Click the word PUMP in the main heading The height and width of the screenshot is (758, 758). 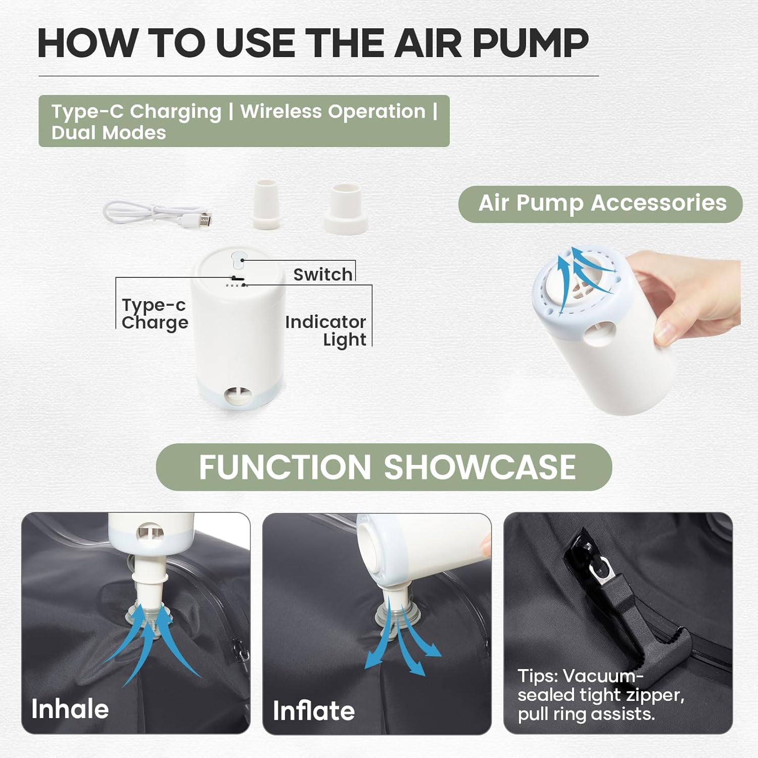point(531,42)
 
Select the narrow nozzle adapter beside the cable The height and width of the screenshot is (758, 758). point(266,204)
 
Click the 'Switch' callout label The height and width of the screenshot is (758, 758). point(323,274)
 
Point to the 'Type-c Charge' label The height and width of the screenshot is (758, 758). point(155,313)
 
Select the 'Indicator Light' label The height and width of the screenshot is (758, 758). point(325,330)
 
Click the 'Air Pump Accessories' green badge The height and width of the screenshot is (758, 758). point(600,204)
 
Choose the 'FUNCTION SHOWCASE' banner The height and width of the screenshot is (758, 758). point(384,467)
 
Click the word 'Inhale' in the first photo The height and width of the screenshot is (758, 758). point(70,709)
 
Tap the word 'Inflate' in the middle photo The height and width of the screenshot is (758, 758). point(314,710)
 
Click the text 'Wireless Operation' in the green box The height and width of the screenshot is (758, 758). point(333,111)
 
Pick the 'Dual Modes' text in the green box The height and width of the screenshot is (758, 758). point(109,133)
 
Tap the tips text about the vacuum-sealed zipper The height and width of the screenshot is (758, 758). point(601,695)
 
